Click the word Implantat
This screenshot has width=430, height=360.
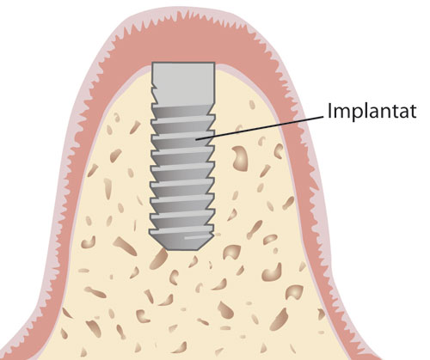[372, 111]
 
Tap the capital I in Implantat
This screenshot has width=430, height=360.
[329, 110]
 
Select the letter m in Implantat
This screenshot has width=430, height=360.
[343, 113]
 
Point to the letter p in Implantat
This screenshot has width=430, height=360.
[359, 115]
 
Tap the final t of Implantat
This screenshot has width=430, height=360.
[413, 112]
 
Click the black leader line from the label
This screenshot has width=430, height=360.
[260, 128]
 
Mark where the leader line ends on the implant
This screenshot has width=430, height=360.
[196, 140]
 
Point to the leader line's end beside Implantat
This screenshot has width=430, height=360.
[323, 116]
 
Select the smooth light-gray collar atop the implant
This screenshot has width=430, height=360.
[183, 83]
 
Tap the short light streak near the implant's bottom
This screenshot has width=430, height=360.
[195, 237]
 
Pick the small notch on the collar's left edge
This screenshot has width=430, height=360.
[154, 86]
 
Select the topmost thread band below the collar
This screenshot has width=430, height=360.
[183, 111]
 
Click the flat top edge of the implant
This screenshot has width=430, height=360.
[183, 63]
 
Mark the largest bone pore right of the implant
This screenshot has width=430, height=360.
[241, 158]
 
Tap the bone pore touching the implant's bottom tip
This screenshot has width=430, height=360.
[158, 259]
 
